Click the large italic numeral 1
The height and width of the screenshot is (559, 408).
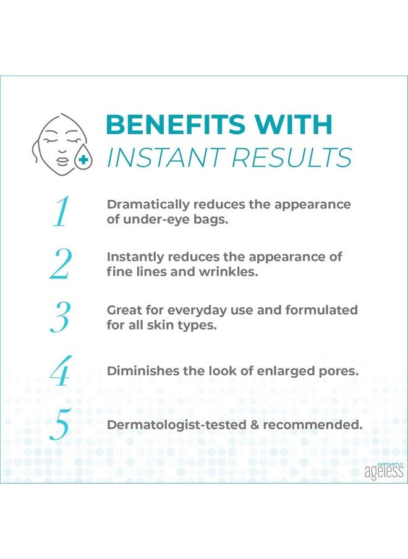(x=60, y=212)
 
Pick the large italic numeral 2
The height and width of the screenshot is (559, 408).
(x=60, y=264)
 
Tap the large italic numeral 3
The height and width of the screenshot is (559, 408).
(x=60, y=317)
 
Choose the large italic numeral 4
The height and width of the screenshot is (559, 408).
(x=60, y=370)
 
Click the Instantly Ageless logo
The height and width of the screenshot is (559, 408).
(x=383, y=471)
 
